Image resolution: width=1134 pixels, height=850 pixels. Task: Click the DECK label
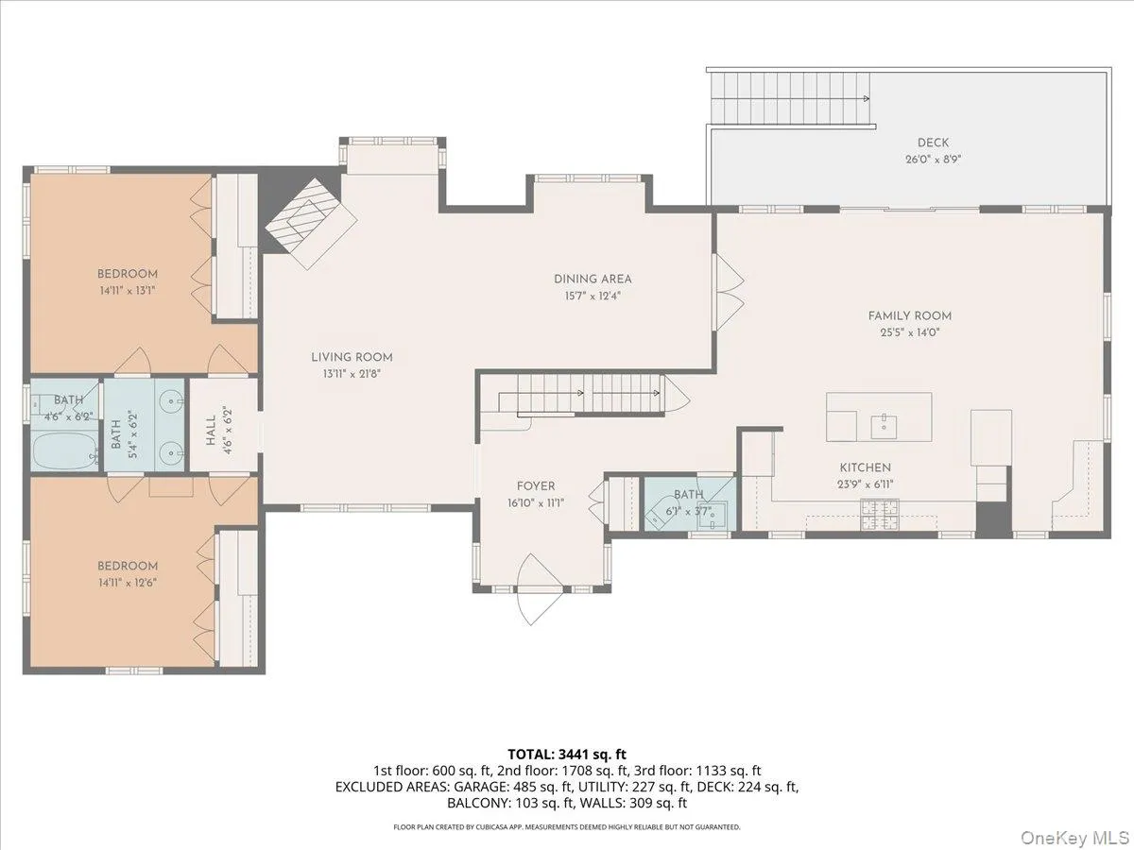pos(933,143)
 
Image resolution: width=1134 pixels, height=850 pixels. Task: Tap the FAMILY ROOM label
pos(910,315)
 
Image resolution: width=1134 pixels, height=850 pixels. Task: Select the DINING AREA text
pos(593,279)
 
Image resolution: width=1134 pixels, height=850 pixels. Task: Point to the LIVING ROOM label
pos(352,357)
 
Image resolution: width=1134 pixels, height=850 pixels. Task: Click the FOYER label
pos(535,485)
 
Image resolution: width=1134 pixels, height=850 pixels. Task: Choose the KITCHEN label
pos(865,467)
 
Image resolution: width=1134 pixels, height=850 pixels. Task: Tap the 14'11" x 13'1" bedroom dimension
pos(126,291)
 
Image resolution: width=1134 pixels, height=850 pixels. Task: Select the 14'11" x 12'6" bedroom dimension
pos(127,583)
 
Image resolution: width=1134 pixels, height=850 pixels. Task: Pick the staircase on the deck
pos(789,99)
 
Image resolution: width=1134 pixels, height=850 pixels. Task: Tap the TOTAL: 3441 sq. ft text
pos(567,754)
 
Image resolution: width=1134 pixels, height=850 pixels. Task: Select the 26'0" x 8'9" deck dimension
pos(933,160)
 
